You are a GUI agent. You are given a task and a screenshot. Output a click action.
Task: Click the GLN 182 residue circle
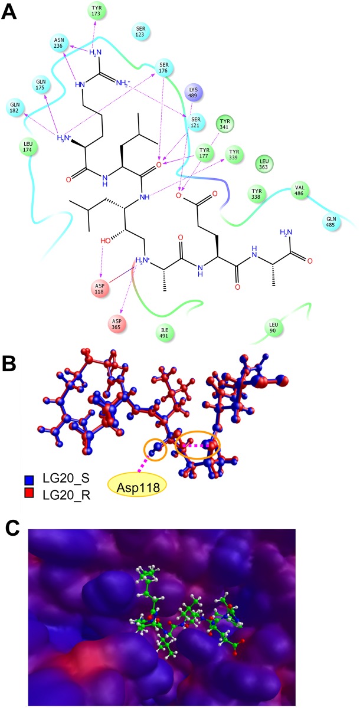[15, 108]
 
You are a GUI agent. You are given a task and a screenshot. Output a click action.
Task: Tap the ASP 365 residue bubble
[117, 323]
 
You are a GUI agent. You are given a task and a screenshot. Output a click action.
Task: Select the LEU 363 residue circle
[266, 163]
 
